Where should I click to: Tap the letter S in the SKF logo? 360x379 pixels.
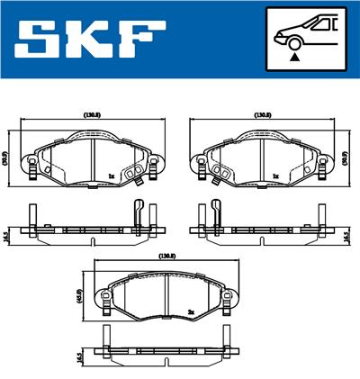(x=35, y=40)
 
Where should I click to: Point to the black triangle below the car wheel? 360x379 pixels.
(x=293, y=58)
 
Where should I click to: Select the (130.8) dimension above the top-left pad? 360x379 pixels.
(x=91, y=115)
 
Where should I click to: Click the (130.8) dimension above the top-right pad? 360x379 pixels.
(x=262, y=115)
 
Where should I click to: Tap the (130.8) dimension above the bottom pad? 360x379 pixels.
(x=166, y=257)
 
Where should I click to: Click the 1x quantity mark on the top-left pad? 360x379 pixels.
(x=110, y=176)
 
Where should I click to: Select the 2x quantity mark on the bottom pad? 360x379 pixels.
(x=191, y=312)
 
